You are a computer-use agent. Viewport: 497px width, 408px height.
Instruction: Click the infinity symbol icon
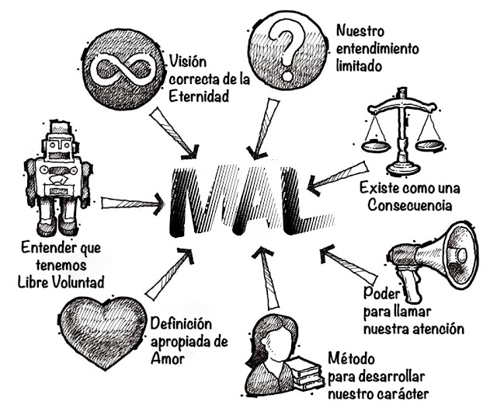click(123, 68)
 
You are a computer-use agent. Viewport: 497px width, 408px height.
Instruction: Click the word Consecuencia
click(403, 206)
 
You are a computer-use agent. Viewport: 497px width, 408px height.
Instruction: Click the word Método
click(353, 360)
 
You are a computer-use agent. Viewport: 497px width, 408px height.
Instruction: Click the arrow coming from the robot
click(132, 204)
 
